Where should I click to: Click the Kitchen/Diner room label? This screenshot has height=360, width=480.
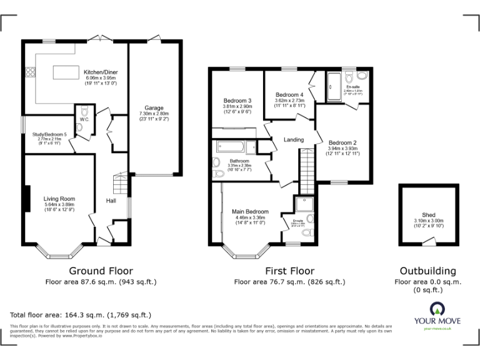(101, 72)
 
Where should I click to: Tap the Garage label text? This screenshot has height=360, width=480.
(154, 107)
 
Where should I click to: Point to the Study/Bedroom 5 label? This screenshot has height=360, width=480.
(52, 134)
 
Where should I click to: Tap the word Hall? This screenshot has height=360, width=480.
(111, 201)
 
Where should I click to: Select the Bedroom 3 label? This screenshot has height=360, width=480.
(237, 101)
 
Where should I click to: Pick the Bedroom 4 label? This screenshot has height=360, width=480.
(289, 94)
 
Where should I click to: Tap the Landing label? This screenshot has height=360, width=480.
(294, 139)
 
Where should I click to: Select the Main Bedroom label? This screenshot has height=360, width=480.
(250, 211)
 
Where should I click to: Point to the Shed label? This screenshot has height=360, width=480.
(428, 214)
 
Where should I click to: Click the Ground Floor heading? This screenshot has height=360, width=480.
(101, 271)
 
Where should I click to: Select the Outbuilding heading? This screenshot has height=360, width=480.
(428, 271)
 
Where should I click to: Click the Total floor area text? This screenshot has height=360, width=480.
(81, 314)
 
